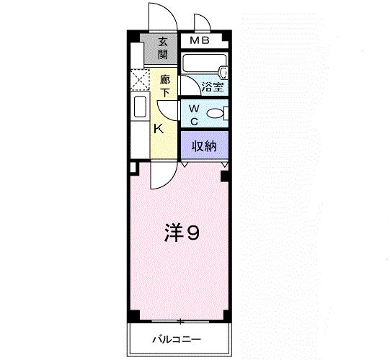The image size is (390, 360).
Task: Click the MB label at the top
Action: click(200, 40)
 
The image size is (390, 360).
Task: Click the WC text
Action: click(194, 114)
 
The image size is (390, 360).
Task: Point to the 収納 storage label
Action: click(204, 145)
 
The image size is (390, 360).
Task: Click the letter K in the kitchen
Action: click(160, 129)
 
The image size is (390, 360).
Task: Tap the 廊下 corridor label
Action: click(165, 86)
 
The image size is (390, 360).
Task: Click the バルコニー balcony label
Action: click(177, 338)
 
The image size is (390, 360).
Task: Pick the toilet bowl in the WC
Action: click(217, 113)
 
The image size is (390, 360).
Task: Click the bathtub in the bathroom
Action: click(201, 64)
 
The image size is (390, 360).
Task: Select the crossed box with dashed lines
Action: click(139, 78)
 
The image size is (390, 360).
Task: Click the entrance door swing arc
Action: click(158, 16)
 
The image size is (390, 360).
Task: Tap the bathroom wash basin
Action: click(223, 73)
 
